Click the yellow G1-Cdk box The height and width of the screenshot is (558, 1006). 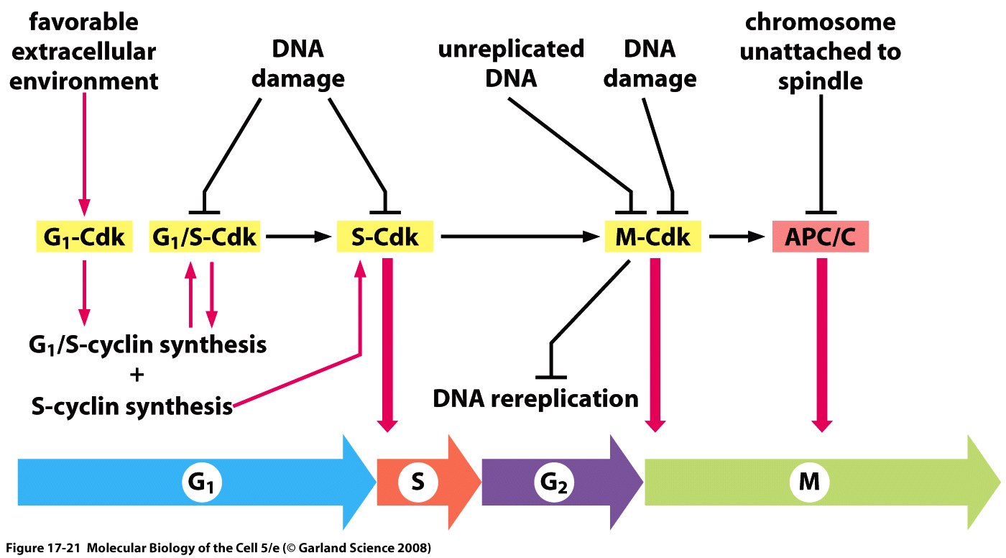pos(85,237)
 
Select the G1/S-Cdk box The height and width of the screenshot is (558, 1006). pos(204,237)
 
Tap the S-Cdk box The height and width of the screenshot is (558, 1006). pos(385,237)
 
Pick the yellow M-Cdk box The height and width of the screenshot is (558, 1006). pos(652,237)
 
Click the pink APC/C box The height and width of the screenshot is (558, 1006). pos(821,237)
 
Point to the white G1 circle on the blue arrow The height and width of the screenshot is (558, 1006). pos(202,482)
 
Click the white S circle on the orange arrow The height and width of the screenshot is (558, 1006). pos(418,482)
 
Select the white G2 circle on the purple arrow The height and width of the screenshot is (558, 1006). pos(554,482)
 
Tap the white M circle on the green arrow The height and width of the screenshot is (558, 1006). pos(809,482)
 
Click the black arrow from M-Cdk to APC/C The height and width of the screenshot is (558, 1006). pos(737,237)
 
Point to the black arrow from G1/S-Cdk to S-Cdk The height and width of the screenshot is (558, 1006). pos(298,237)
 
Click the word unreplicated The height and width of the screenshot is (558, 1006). pos(511,49)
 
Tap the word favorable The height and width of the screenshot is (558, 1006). pos(83,22)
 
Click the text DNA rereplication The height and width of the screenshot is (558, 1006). pos(535,399)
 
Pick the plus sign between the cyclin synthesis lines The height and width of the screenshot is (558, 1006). pos(137,375)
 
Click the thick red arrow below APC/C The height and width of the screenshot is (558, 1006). pos(822,345)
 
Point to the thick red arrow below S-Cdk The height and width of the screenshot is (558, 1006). pos(387,345)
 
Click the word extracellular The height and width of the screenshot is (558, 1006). pos(83,52)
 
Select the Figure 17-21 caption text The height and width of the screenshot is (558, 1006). pos(218,548)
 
